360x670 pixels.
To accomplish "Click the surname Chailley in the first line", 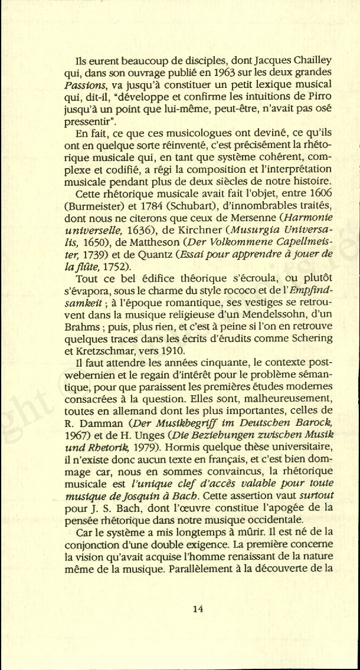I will coord(310,61).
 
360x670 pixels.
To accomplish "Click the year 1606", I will coord(321,194).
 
